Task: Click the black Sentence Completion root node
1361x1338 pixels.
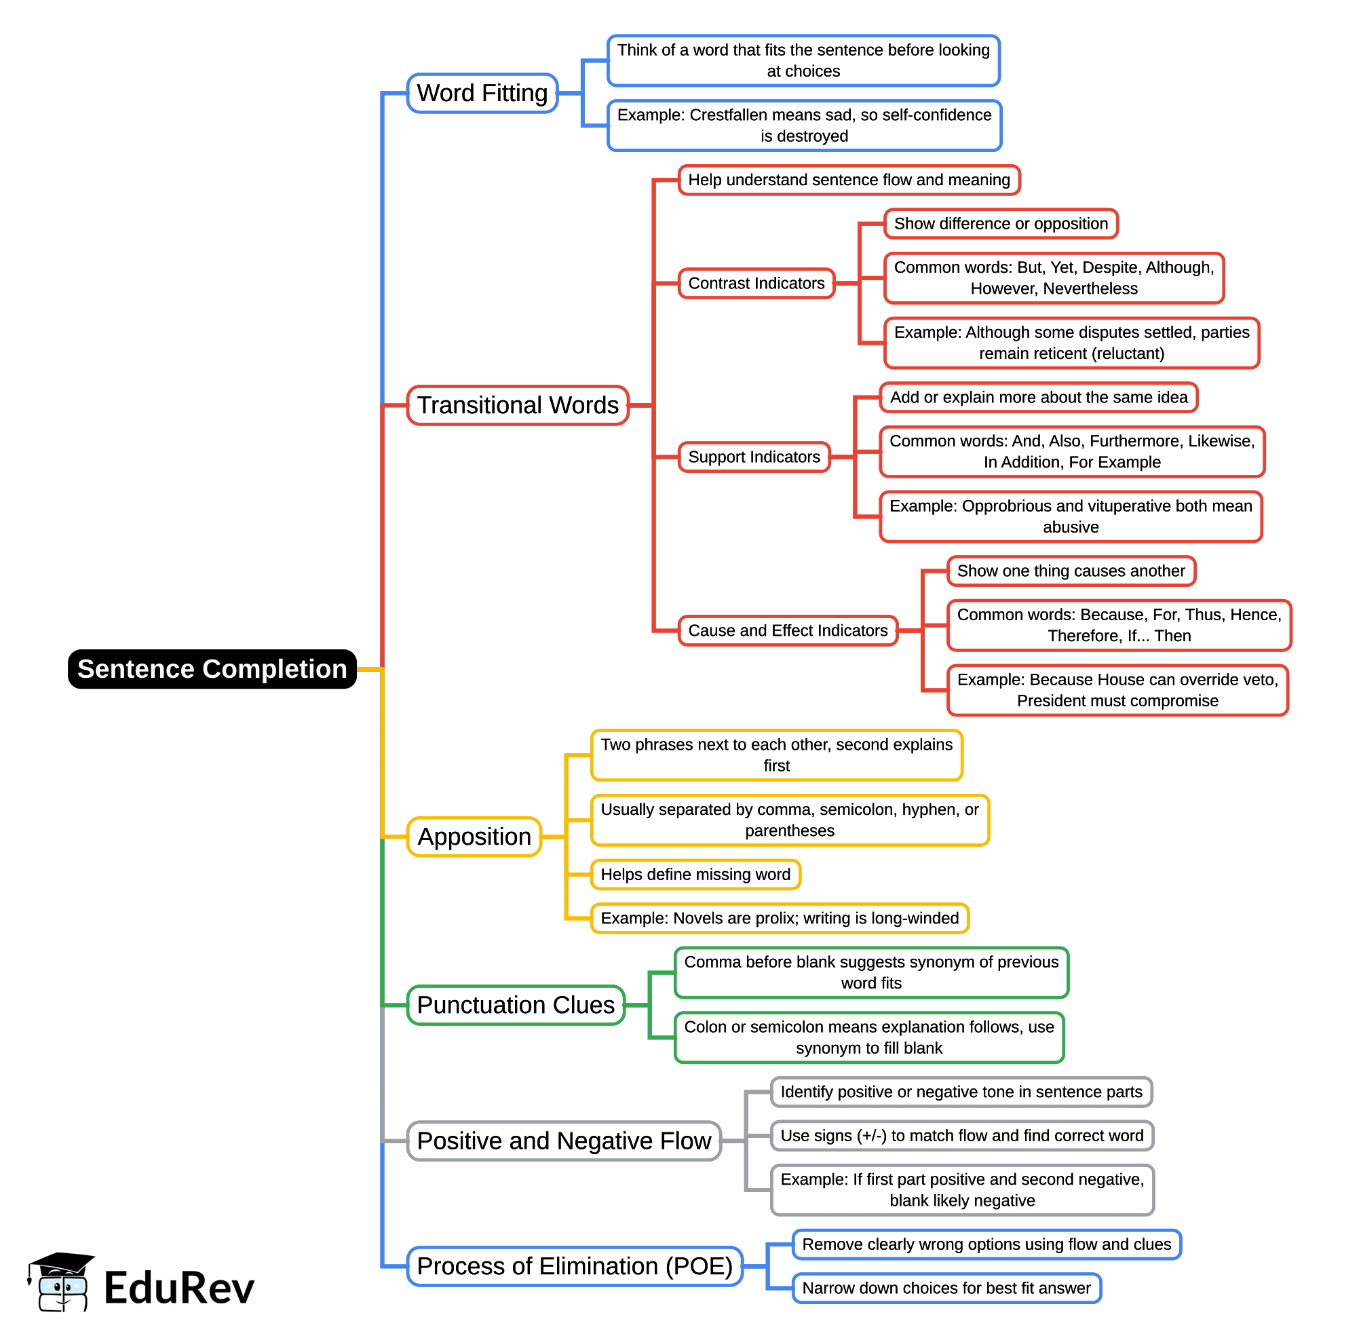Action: pyautogui.click(x=212, y=668)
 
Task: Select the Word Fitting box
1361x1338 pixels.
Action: pyautogui.click(x=482, y=93)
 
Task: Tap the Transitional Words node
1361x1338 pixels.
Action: pyautogui.click(x=517, y=405)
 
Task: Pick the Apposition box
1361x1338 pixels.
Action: pyautogui.click(x=474, y=836)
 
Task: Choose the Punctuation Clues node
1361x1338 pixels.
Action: pyautogui.click(x=515, y=1004)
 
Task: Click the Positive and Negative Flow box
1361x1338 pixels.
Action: pyautogui.click(x=564, y=1140)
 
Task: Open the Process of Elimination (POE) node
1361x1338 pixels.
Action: pyautogui.click(x=574, y=1265)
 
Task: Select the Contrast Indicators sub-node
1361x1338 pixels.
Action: pyautogui.click(x=756, y=283)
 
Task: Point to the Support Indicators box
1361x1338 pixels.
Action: pyautogui.click(x=753, y=457)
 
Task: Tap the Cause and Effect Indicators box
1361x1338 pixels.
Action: pyautogui.click(x=787, y=630)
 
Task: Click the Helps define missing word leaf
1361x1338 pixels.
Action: pyautogui.click(x=695, y=874)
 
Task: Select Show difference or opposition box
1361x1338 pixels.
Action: pyautogui.click(x=1000, y=223)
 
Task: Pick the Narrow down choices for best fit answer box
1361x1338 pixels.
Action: pyautogui.click(x=946, y=1288)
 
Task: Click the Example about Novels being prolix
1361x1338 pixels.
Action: pyautogui.click(x=780, y=918)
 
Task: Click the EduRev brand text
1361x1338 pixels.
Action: pyautogui.click(x=178, y=1288)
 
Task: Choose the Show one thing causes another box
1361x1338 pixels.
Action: pyautogui.click(x=1070, y=571)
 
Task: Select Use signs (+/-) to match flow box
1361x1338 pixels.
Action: pyautogui.click(x=961, y=1136)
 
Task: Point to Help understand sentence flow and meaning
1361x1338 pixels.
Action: pyautogui.click(x=848, y=180)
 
